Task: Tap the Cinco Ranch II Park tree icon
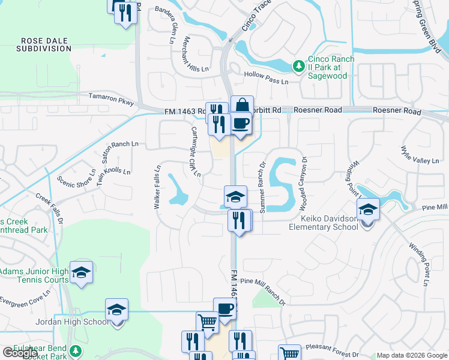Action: pos(298,65)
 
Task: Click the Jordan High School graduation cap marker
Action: pos(116,310)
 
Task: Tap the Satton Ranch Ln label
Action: pos(118,144)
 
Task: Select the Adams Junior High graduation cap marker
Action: pos(81,273)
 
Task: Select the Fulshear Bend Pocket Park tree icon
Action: pos(76,351)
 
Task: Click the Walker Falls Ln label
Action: pos(157,187)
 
